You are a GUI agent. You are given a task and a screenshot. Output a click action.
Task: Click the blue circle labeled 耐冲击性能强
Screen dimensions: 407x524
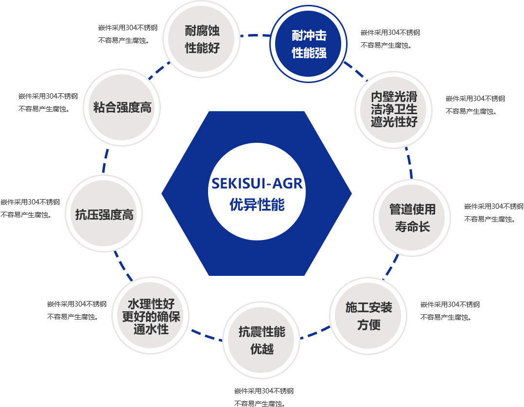pyautogui.click(x=309, y=44)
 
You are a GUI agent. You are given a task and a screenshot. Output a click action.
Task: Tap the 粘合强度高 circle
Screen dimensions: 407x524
pyautogui.click(x=122, y=107)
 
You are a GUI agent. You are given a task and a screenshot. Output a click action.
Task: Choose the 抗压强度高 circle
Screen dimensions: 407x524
pyautogui.click(x=104, y=214)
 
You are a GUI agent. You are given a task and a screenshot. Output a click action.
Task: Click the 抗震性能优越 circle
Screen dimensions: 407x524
pyautogui.click(x=262, y=340)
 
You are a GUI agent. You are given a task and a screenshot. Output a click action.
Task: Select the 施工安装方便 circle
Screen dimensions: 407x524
pyautogui.click(x=368, y=316)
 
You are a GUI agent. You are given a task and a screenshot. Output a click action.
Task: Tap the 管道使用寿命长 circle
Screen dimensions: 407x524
pyautogui.click(x=412, y=218)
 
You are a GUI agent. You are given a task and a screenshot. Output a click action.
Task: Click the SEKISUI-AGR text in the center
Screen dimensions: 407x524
pyautogui.click(x=257, y=184)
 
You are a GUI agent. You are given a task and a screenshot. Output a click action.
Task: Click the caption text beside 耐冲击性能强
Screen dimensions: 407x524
pyautogui.click(x=390, y=39)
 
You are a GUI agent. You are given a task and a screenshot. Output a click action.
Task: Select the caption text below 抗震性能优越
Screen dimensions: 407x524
pyautogui.click(x=264, y=397)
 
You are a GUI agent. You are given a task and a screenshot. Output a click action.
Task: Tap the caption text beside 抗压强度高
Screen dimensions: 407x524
pyautogui.click(x=30, y=208)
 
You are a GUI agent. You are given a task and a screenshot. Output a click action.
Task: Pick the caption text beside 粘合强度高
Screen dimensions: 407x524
pyautogui.click(x=48, y=102)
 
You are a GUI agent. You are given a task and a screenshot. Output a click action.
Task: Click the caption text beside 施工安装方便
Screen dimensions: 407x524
pyautogui.click(x=450, y=311)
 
